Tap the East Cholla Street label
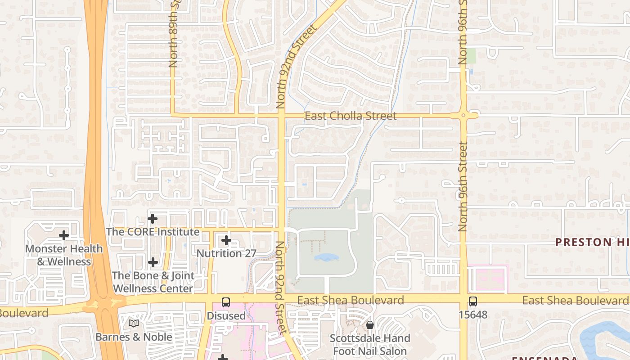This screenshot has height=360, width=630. click(351, 116)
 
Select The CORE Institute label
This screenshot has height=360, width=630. click(153, 232)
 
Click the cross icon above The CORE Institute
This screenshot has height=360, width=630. click(153, 219)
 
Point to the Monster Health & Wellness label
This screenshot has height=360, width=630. click(64, 255)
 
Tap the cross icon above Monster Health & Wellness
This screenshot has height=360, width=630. click(64, 235)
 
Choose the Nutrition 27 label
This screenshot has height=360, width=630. click(226, 253)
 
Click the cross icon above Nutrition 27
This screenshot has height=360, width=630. click(226, 241)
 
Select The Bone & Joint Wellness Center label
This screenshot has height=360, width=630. click(153, 282)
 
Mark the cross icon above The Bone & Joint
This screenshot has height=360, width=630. click(153, 262)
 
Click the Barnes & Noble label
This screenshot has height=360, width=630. click(134, 337)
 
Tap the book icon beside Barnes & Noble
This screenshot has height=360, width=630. click(133, 323)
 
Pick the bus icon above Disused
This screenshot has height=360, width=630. click(226, 302)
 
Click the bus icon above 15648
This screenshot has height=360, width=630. click(473, 301)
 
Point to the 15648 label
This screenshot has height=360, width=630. click(473, 315)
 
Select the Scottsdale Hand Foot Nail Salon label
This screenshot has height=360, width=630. click(370, 345)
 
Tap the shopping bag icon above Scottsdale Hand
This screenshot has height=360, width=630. click(370, 325)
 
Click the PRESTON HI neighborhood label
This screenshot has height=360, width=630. click(592, 242)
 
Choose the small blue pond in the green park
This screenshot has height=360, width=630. click(326, 257)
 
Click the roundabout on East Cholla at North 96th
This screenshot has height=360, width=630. click(464, 116)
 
